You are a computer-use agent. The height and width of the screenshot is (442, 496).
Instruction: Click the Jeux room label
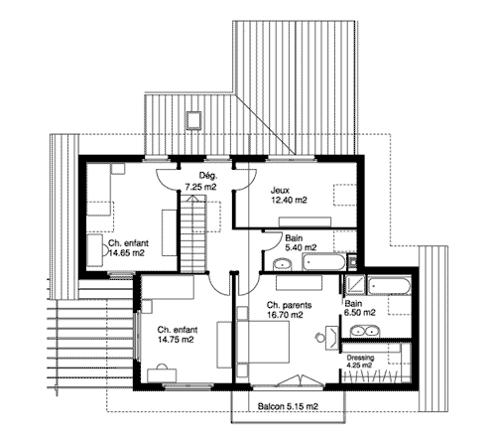(280, 191)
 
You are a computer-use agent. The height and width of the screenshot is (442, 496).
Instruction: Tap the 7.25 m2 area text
(200, 187)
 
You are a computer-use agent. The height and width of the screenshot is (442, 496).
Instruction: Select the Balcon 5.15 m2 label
(288, 406)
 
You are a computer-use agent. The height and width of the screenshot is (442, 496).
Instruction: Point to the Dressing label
(360, 358)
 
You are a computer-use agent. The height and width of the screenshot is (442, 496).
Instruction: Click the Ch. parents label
(289, 305)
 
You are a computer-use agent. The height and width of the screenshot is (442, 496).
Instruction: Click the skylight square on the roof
(193, 120)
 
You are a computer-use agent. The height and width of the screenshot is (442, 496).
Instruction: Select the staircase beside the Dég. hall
(193, 233)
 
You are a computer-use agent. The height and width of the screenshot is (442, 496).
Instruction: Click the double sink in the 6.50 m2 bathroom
(363, 332)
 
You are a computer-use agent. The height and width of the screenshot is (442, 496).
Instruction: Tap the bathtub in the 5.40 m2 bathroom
(323, 262)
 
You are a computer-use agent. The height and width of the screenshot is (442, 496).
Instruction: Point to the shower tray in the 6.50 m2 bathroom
(354, 285)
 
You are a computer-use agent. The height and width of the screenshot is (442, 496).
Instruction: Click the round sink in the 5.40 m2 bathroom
(282, 264)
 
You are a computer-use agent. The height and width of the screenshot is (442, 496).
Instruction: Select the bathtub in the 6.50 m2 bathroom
(389, 285)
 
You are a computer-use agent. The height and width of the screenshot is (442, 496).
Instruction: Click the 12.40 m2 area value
(289, 200)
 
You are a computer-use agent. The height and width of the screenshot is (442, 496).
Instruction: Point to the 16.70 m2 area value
(285, 315)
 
